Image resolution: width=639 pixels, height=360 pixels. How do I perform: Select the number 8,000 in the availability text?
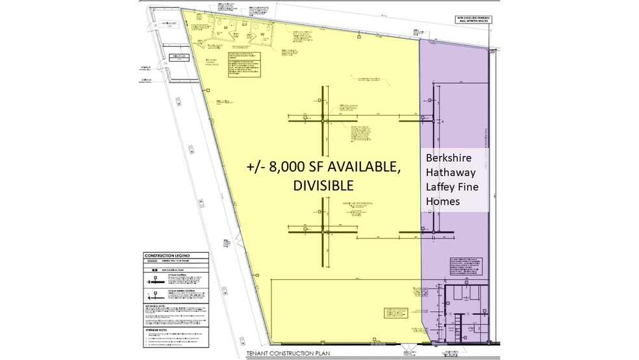click(x=281, y=166)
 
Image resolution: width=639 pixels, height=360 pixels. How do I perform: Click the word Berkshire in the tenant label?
click(x=448, y=157)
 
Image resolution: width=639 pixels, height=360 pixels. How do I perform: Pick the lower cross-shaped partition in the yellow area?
click(x=323, y=232)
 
